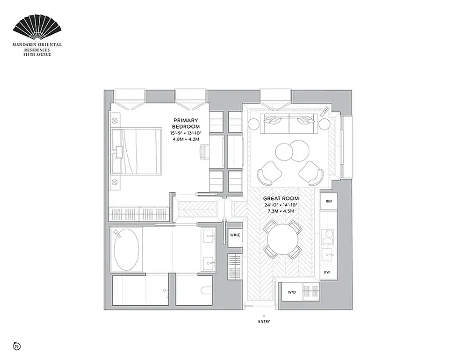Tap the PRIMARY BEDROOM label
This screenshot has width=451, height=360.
click(185, 123)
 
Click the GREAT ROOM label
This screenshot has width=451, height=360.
click(281, 198)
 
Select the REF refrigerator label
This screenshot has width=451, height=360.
click(329, 201)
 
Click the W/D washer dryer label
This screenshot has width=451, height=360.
click(292, 293)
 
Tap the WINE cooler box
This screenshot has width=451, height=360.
click(235, 235)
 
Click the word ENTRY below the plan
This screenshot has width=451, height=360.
click(264, 321)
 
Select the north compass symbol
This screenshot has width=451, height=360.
click(17, 346)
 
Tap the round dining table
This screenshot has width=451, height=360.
click(282, 239)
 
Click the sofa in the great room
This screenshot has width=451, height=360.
click(287, 122)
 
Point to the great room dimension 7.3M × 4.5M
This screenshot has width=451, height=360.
click(281, 211)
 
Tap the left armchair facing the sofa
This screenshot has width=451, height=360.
click(268, 172)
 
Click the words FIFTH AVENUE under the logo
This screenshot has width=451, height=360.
click(37, 54)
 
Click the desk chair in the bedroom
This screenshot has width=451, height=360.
click(204, 151)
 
